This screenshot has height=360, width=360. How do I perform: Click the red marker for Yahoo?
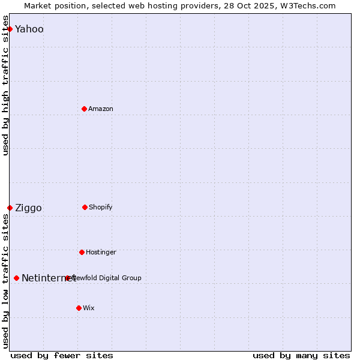(10, 29)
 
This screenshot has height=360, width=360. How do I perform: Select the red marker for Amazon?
(84, 109)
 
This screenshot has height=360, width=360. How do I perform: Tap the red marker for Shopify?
(85, 207)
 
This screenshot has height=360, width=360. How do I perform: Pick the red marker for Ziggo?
(10, 208)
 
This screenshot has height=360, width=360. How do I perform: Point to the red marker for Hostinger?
(82, 252)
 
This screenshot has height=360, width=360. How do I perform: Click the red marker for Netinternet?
(16, 278)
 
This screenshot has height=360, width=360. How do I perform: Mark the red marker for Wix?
(79, 308)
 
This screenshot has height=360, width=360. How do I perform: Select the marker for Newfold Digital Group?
(67, 278)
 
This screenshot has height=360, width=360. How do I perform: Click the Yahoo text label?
(29, 29)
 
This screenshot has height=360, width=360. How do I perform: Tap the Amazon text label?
(101, 109)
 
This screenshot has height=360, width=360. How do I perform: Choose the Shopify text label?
(101, 207)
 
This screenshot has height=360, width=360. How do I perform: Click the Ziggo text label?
(28, 208)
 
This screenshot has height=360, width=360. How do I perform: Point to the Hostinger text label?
(101, 252)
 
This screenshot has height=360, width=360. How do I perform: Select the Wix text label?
(89, 308)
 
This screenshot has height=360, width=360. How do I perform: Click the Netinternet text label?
(48, 278)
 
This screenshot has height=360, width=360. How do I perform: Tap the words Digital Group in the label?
(119, 278)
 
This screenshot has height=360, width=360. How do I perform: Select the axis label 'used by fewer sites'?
(62, 355)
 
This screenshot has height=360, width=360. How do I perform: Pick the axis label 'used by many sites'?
(301, 355)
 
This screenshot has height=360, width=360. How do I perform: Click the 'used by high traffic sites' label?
(6, 85)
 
